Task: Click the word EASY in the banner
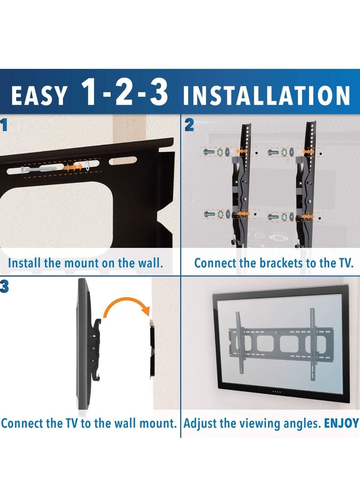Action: [40, 96]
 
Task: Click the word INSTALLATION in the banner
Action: [266, 96]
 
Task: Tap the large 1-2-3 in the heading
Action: [125, 93]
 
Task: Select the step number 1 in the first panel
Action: [4, 126]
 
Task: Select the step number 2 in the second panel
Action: [189, 126]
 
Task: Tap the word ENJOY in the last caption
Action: [341, 423]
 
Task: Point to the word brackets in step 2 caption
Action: [276, 263]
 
